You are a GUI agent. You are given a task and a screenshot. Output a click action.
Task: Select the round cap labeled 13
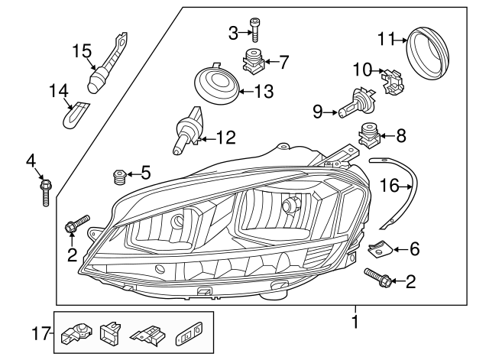(217, 83)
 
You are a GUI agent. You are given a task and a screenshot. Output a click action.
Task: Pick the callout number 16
(390, 185)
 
